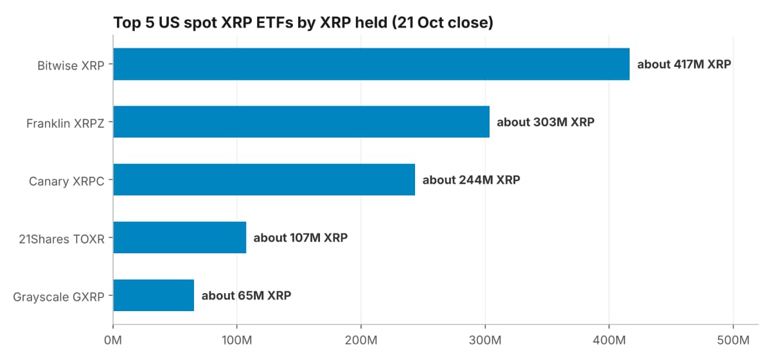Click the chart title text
[x=303, y=22]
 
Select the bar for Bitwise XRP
[x=371, y=64]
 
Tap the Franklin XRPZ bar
[x=301, y=122]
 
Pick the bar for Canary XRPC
[x=264, y=179]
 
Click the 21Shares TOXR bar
[x=180, y=237]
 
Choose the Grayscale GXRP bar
[x=154, y=295]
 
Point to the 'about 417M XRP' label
[x=684, y=64]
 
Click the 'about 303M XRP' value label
[x=545, y=122]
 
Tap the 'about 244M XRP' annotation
[x=471, y=180]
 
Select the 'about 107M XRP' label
[x=301, y=238]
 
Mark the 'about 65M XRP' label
[x=247, y=296]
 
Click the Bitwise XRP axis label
[x=71, y=66]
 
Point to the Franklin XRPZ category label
[x=66, y=123]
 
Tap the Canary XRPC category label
[x=66, y=181]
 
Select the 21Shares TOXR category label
[x=62, y=239]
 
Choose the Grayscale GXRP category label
[x=58, y=297]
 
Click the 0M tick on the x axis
[x=113, y=340]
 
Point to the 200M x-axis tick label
[x=361, y=340]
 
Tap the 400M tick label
[x=609, y=340]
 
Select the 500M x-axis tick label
[x=733, y=340]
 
